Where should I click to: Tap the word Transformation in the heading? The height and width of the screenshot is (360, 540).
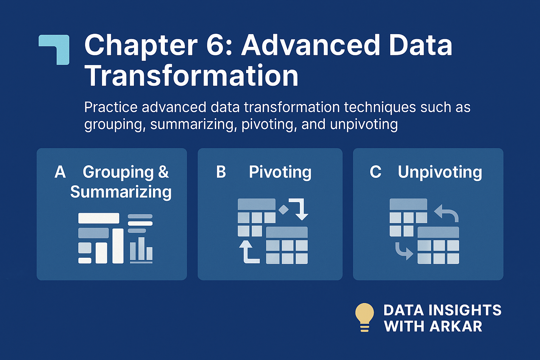[x=191, y=76]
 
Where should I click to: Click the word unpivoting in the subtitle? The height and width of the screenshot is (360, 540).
[x=364, y=125]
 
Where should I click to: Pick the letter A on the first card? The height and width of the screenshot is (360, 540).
[x=60, y=172]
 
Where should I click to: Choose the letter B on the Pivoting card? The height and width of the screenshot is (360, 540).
[x=221, y=172]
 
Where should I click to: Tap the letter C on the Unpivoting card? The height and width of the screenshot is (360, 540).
[x=375, y=172]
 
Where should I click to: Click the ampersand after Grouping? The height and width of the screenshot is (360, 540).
[x=163, y=172]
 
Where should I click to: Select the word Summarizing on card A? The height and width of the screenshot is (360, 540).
[x=121, y=192]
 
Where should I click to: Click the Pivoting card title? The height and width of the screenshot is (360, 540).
[x=280, y=172]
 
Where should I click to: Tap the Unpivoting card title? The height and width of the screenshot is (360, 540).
[x=440, y=172]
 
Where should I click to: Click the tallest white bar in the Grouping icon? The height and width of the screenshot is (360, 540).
[x=118, y=246]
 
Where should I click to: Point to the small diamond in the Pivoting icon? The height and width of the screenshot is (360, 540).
[x=283, y=209]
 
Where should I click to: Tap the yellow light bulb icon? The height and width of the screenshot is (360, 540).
[x=365, y=317]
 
